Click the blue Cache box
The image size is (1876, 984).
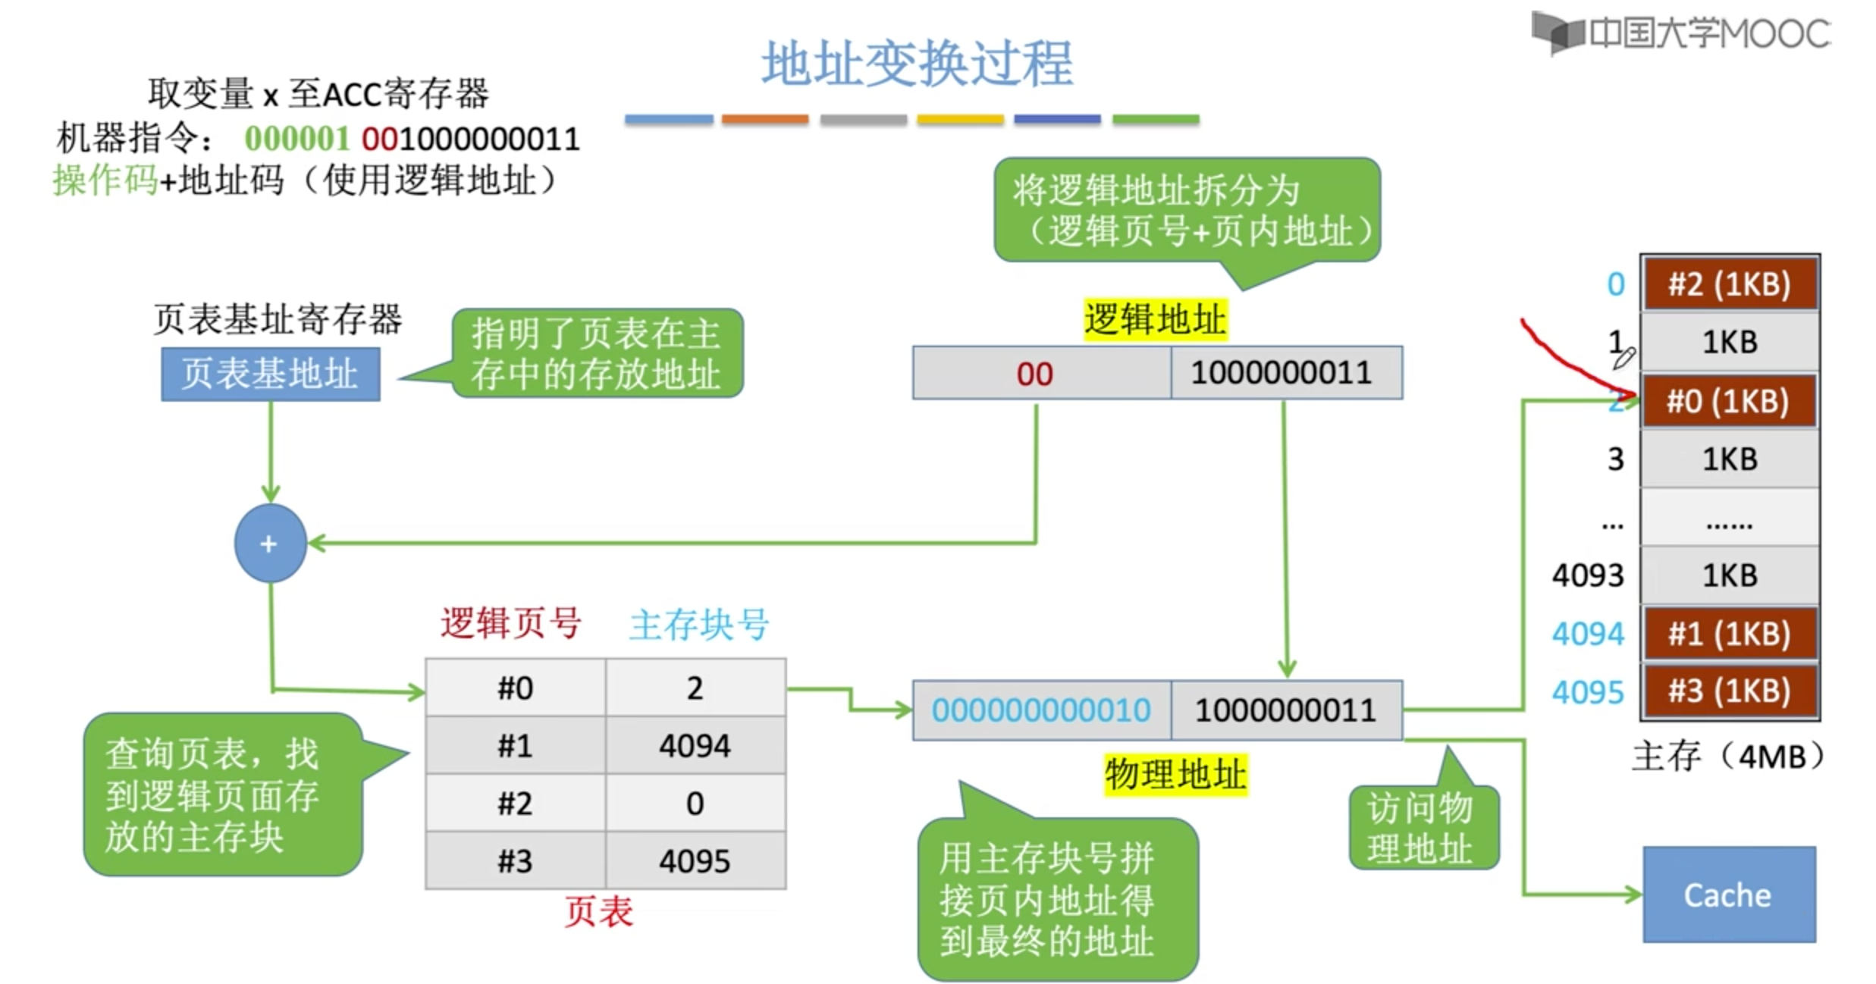coord(1728,895)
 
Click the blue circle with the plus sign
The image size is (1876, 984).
coord(270,544)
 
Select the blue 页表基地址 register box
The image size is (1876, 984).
coord(270,374)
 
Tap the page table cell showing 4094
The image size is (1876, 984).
coord(695,746)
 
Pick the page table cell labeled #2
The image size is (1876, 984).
coord(515,804)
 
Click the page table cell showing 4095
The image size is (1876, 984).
coord(695,861)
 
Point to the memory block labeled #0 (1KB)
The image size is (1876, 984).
coord(1728,401)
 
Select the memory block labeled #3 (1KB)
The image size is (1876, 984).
coord(1730,691)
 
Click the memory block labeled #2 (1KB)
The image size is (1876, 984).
coord(1730,284)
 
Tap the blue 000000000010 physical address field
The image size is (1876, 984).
coord(1041,710)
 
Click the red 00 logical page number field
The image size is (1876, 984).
coord(1035,374)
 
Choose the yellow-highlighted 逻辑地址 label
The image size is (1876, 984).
coord(1154,319)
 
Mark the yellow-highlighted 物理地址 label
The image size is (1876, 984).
coord(1175,774)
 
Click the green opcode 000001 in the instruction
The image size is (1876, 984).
coord(296,139)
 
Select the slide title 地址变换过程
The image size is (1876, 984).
coord(917,64)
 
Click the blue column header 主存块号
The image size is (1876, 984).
coord(699,625)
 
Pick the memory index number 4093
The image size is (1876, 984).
coord(1588,575)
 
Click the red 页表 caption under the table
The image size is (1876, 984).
coord(598,911)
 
